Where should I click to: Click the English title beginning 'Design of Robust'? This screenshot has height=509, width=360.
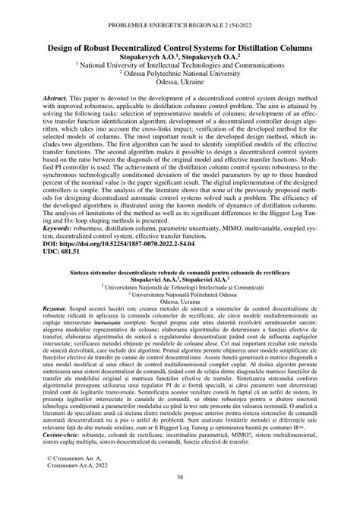[180, 48]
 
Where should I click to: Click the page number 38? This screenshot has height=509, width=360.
[180, 498]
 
